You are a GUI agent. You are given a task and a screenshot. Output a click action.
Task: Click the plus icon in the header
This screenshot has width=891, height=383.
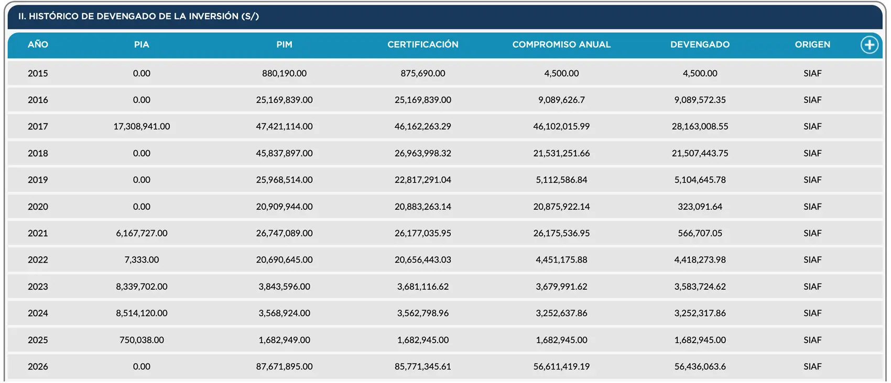(870, 45)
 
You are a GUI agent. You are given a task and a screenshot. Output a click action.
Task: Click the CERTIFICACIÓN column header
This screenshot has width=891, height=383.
(423, 44)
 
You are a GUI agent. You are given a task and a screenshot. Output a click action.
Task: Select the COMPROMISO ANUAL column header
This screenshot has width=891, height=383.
(561, 44)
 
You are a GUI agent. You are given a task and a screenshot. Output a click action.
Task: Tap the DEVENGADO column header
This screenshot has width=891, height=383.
(700, 44)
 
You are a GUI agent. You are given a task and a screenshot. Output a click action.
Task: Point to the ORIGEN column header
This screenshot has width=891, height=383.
(812, 44)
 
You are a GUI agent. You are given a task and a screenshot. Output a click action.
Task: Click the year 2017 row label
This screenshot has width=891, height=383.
(38, 127)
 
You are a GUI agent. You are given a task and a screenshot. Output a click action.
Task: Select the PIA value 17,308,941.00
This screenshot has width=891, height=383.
(142, 127)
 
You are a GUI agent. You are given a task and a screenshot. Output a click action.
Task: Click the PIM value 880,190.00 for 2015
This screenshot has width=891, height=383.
(284, 73)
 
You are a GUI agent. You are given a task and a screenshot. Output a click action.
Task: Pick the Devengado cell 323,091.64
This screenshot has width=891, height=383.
(700, 207)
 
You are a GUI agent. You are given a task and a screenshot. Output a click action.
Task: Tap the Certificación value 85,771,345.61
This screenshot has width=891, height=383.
(423, 367)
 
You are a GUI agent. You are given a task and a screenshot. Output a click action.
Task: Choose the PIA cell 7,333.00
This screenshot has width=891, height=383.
(142, 260)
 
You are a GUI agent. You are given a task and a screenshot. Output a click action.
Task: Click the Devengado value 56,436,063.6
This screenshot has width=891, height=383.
(700, 367)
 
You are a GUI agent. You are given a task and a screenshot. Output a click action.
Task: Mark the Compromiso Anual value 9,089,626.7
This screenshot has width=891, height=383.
(561, 100)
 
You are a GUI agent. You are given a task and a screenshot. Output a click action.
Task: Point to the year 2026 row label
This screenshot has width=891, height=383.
(38, 367)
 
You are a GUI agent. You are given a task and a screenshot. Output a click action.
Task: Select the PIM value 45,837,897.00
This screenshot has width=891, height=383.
(284, 153)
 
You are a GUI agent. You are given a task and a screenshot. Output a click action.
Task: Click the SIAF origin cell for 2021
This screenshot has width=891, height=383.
(812, 233)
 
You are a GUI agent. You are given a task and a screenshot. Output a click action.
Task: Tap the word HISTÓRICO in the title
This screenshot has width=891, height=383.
(53, 16)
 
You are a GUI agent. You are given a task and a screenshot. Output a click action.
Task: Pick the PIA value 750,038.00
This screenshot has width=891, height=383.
(142, 340)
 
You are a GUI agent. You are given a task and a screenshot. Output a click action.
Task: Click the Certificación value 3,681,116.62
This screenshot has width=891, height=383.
(423, 287)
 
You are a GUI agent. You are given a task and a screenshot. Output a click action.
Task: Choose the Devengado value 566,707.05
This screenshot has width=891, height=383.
(700, 233)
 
